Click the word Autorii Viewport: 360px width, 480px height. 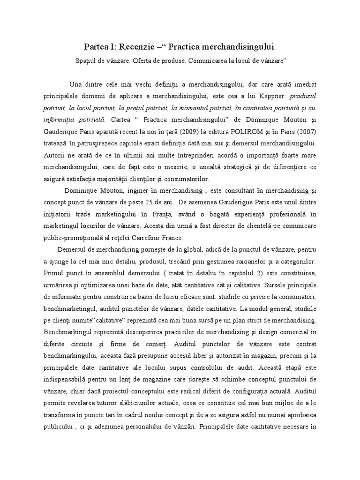(55, 153)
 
